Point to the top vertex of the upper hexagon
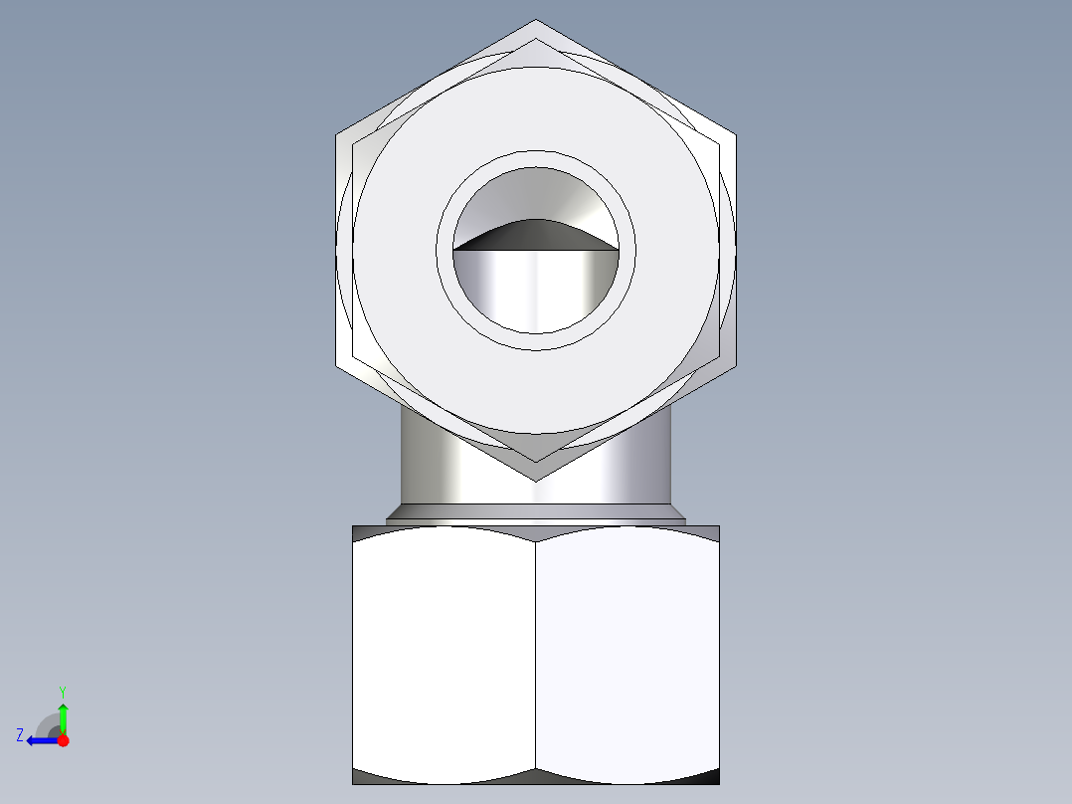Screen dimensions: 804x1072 [536, 21]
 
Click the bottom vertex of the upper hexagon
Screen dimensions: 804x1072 [536, 481]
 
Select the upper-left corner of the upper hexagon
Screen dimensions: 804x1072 [337, 134]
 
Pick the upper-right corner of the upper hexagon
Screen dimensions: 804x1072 [735, 134]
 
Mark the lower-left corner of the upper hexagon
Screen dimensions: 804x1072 [337, 365]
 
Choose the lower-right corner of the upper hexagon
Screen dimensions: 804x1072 [735, 365]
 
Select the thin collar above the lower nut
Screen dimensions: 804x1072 [535, 514]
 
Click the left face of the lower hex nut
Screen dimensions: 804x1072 [445, 652]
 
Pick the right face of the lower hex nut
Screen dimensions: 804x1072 [626, 652]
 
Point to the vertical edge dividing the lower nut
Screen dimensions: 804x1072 [536, 652]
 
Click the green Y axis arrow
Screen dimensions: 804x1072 [63, 713]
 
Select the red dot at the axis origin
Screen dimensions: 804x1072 [63, 740]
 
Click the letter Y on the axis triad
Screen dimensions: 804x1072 [63, 691]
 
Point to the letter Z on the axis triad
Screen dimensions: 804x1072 [20, 735]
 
